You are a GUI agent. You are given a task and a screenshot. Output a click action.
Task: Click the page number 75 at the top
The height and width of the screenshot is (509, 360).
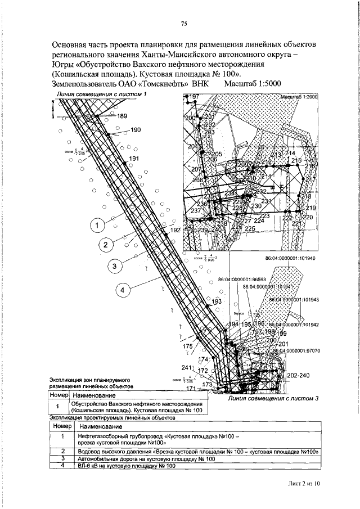tap(183, 24)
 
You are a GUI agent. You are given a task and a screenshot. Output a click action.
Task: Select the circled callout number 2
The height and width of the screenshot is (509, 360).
tap(105, 245)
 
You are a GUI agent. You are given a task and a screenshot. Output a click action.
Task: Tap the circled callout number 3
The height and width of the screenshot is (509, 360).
tap(114, 267)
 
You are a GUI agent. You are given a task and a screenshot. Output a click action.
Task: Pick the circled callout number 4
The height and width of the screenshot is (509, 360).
tap(124, 290)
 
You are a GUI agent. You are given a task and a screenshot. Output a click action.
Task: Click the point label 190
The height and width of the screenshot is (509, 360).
tap(136, 130)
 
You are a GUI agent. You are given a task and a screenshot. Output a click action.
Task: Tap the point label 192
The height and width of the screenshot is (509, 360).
tap(175, 230)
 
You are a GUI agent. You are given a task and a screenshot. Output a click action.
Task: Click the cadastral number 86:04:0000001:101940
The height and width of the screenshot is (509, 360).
tap(289, 258)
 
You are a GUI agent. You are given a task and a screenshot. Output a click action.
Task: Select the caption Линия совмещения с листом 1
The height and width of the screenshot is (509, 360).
tap(100, 93)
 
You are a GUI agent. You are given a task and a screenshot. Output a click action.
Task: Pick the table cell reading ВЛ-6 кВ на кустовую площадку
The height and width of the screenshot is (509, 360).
tap(124, 465)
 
